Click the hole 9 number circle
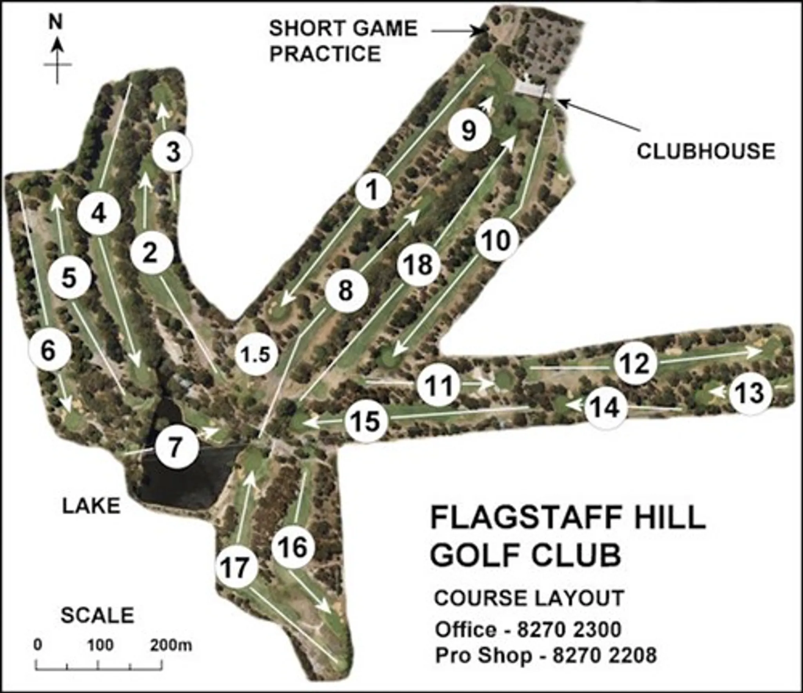469,130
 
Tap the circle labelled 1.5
256,355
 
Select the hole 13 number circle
750,393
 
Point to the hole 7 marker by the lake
175,446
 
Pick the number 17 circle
236,567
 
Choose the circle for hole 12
635,363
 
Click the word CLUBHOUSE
706,151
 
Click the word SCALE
98,615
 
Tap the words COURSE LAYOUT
529,598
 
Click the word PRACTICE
325,53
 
